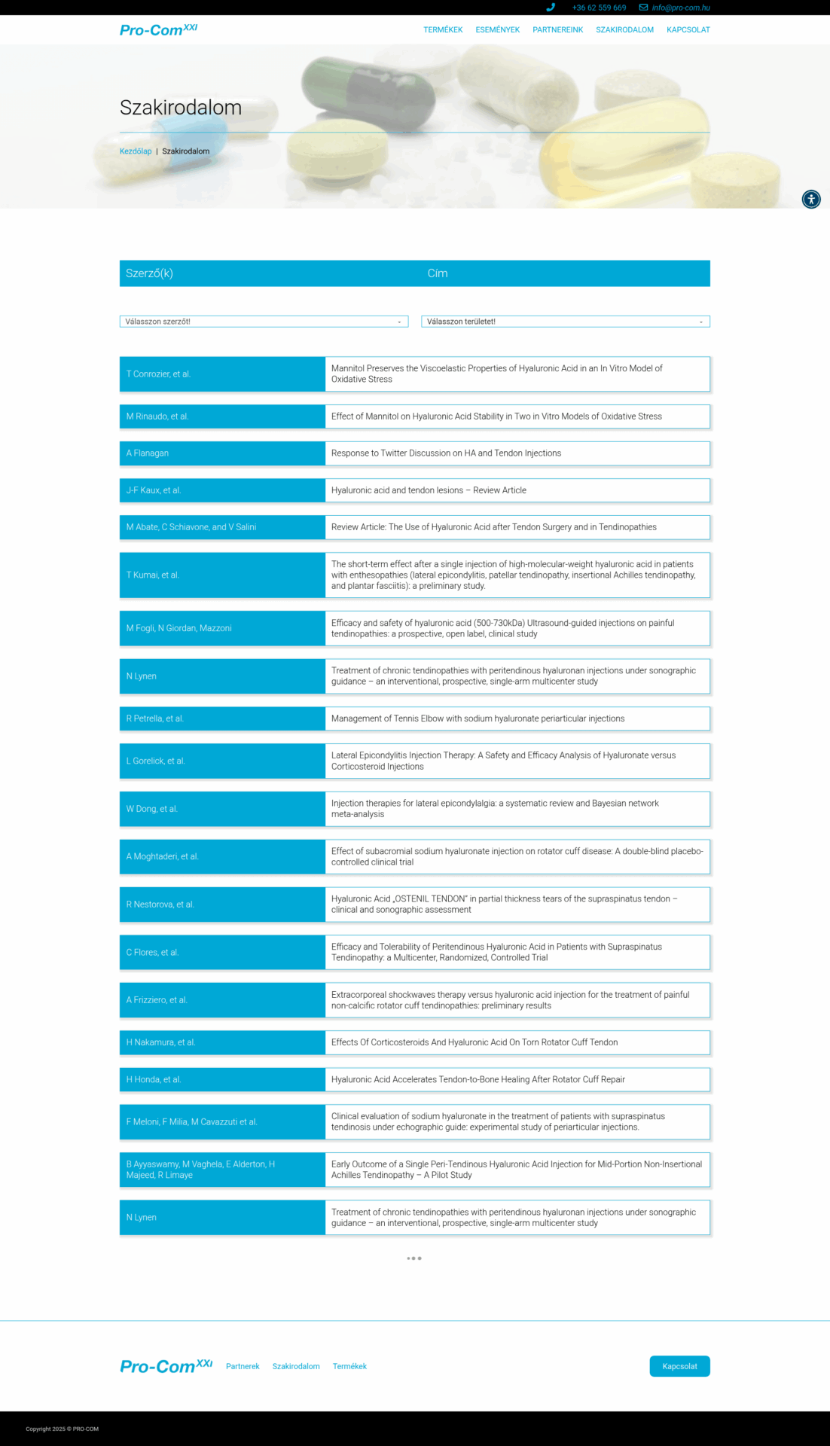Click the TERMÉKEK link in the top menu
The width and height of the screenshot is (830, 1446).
pos(443,30)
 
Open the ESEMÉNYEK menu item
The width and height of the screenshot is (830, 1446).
pos(497,30)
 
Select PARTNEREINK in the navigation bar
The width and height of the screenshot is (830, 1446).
pos(557,30)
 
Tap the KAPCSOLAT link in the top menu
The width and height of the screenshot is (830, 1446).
pos(688,30)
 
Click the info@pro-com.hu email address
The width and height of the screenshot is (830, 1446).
pos(680,8)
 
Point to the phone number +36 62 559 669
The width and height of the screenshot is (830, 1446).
pos(599,8)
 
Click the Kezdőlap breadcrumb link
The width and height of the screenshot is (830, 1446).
pos(136,151)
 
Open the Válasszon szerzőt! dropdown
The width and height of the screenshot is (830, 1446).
pos(264,322)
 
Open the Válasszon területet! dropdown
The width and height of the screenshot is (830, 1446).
pos(565,322)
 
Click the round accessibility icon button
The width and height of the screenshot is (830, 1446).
pos(811,199)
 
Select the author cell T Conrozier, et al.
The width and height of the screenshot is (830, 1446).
pos(222,374)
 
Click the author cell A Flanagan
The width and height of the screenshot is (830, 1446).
pos(222,453)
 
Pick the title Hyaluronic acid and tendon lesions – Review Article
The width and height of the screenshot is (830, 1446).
pos(429,490)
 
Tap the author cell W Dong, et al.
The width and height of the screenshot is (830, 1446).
pos(222,809)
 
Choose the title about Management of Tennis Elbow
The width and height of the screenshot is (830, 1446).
pos(478,718)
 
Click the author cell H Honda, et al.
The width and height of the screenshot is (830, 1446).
pos(222,1079)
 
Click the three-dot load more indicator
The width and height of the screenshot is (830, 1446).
pos(414,1258)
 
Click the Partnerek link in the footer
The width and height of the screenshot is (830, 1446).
pos(243,1366)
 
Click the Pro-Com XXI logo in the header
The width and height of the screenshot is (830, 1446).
pos(158,30)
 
